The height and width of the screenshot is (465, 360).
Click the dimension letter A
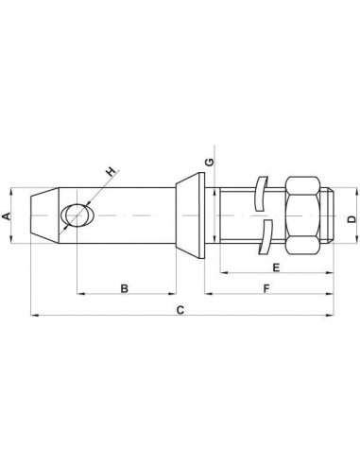coord(9,216)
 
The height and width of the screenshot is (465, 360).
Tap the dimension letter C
coord(181,309)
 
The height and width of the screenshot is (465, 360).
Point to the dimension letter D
coord(351,218)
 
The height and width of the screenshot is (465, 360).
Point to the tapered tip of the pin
coord(40,216)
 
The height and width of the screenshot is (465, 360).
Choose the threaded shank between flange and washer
coord(234,216)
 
